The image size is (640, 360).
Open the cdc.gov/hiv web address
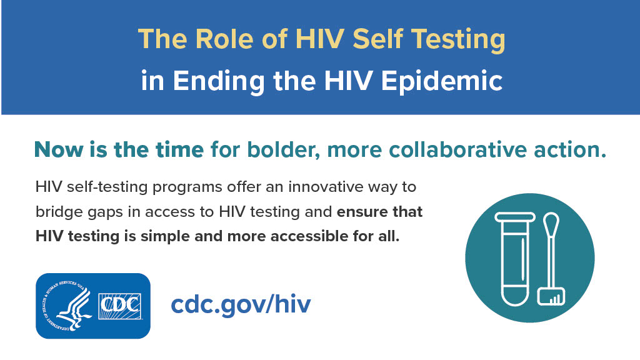[241, 306]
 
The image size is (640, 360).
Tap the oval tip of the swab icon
[551, 223]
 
